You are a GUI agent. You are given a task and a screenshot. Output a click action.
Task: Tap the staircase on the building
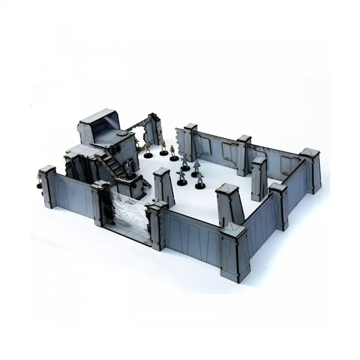click(x=111, y=163)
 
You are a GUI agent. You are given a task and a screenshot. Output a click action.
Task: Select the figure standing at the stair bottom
click(x=129, y=169)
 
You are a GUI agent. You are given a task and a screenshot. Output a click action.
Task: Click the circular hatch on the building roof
click(x=122, y=133)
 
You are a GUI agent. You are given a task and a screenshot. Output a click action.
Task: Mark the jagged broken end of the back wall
click(x=181, y=142)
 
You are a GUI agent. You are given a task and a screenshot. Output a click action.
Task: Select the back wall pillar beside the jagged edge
click(x=191, y=142)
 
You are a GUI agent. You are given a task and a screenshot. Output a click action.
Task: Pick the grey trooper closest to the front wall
click(x=200, y=180)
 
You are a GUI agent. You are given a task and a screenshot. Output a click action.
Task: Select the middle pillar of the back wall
click(x=244, y=155)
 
